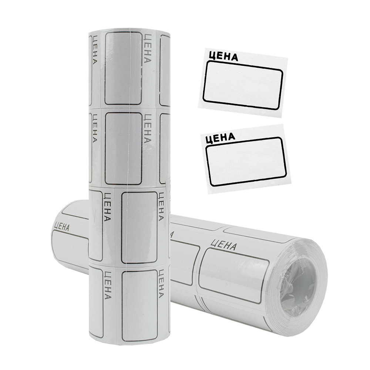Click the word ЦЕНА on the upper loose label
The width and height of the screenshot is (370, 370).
pos(223,56)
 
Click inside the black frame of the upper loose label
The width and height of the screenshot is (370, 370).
pos(243,85)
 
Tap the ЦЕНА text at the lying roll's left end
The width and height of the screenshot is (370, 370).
pos(61,226)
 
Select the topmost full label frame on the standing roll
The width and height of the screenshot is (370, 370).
pos(123,68)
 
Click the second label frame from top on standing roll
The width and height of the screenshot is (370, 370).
pos(123,148)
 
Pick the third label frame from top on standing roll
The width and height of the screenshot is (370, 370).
pos(139,227)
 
